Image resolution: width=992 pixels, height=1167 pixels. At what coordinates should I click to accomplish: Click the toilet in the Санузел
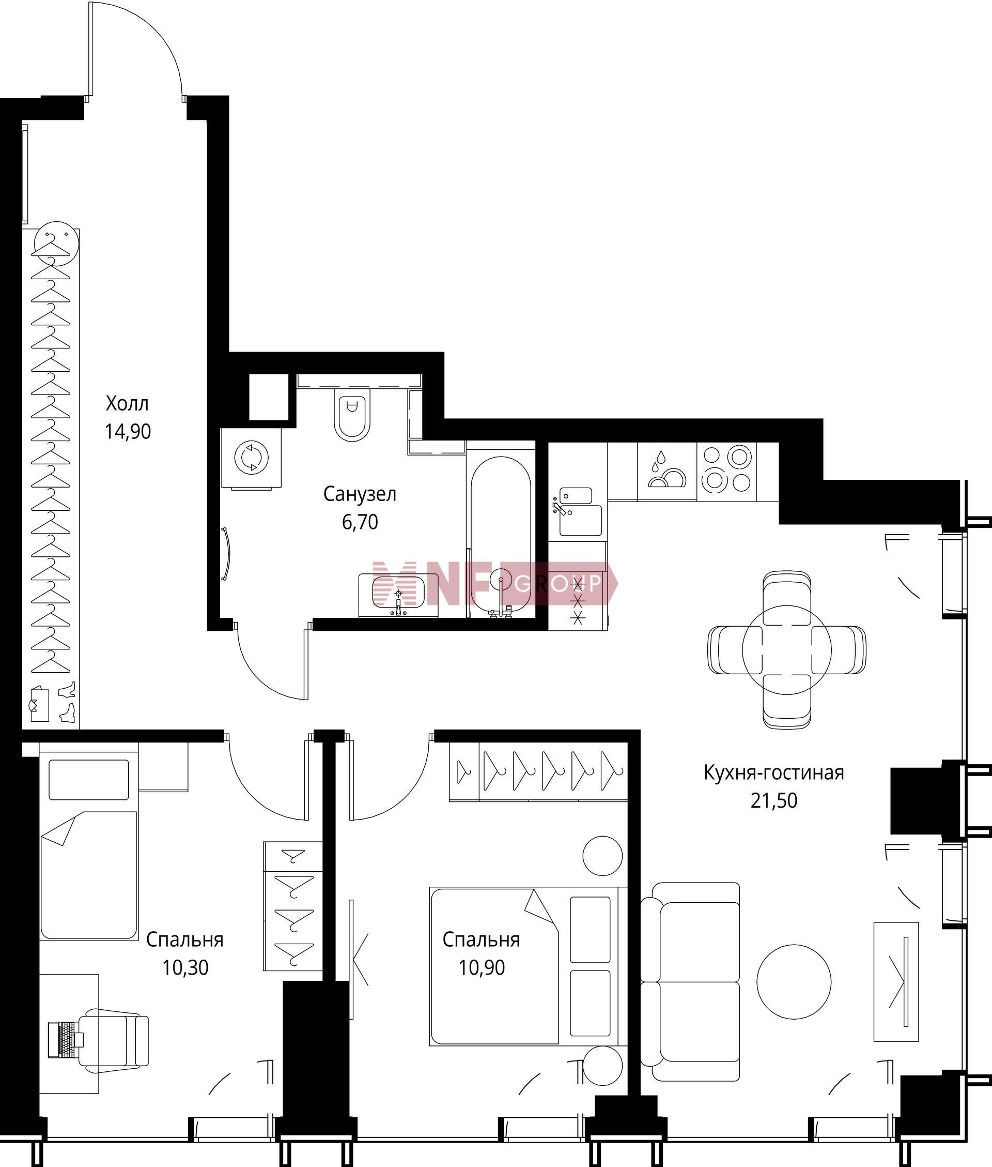352,415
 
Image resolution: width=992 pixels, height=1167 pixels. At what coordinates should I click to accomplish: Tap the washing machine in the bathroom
252,457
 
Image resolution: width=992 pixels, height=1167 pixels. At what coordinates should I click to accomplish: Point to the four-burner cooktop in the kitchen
726,471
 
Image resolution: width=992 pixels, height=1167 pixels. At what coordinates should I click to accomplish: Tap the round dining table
787,649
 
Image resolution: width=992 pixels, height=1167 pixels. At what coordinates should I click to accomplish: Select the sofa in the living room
690,982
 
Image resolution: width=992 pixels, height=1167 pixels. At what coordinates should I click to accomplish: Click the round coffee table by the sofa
794,982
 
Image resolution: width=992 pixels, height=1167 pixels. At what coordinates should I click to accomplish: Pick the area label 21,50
774,801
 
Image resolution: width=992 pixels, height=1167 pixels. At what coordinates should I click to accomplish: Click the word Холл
127,403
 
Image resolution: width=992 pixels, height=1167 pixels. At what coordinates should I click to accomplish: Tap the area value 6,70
360,522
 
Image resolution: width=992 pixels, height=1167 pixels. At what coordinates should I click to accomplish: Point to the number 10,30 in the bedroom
185,967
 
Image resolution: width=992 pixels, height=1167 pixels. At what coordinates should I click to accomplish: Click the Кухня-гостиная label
774,772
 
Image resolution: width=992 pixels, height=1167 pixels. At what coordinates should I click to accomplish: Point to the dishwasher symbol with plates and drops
667,471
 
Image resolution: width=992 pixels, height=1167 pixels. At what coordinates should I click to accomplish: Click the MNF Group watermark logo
495,583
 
